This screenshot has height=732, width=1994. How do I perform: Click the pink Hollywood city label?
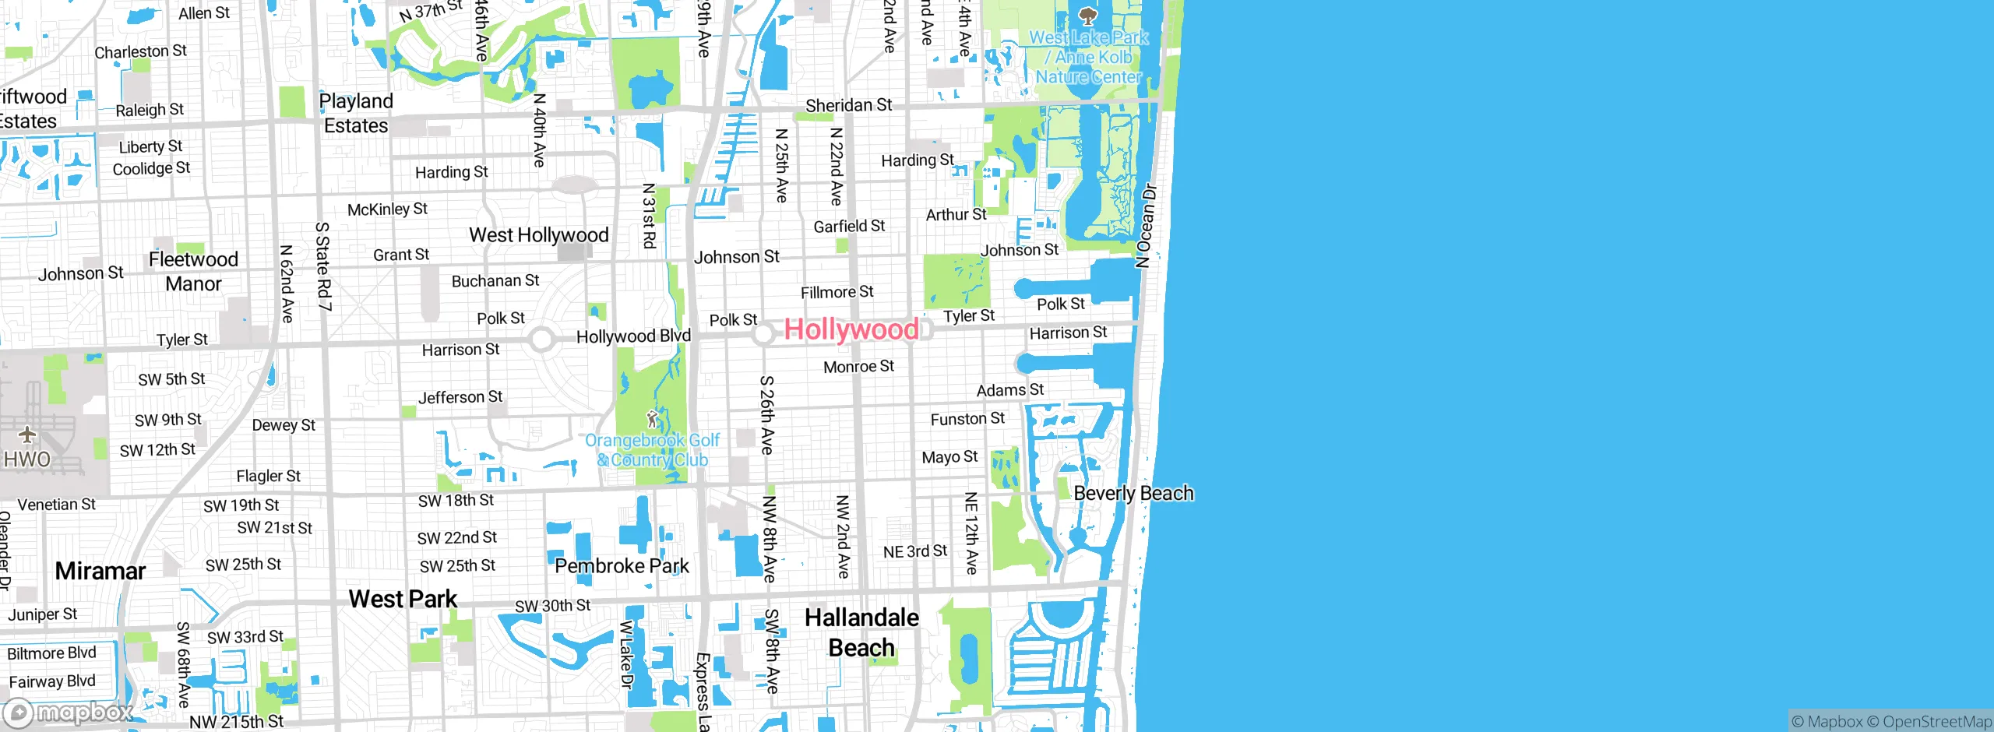pyautogui.click(x=851, y=329)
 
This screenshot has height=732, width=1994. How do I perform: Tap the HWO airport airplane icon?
pyautogui.click(x=27, y=435)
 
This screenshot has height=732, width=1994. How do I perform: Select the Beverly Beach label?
pyautogui.click(x=1133, y=494)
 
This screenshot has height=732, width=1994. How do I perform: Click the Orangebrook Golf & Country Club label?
pyautogui.click(x=653, y=450)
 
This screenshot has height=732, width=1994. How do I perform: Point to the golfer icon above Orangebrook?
pyautogui.click(x=653, y=421)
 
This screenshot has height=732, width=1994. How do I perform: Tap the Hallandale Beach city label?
pyautogui.click(x=861, y=632)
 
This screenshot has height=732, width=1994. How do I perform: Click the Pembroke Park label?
pyautogui.click(x=622, y=566)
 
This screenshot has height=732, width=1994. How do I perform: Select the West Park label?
pyautogui.click(x=403, y=599)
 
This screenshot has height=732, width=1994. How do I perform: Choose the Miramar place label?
pyautogui.click(x=100, y=571)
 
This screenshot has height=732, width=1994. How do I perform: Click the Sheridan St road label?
pyautogui.click(x=848, y=105)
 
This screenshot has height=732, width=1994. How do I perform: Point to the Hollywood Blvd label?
pyautogui.click(x=633, y=336)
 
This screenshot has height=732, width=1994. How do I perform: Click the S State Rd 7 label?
pyautogui.click(x=323, y=266)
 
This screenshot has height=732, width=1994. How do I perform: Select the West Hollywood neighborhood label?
pyautogui.click(x=538, y=235)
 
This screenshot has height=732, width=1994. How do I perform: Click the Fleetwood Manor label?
pyautogui.click(x=193, y=272)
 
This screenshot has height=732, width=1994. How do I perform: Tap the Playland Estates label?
pyautogui.click(x=356, y=114)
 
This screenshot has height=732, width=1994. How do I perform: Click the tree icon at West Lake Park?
pyautogui.click(x=1087, y=16)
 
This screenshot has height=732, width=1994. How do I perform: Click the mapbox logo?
pyautogui.click(x=69, y=713)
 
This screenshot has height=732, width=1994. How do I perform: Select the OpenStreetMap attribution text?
pyautogui.click(x=1936, y=722)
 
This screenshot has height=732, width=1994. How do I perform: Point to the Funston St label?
pyautogui.click(x=967, y=419)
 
